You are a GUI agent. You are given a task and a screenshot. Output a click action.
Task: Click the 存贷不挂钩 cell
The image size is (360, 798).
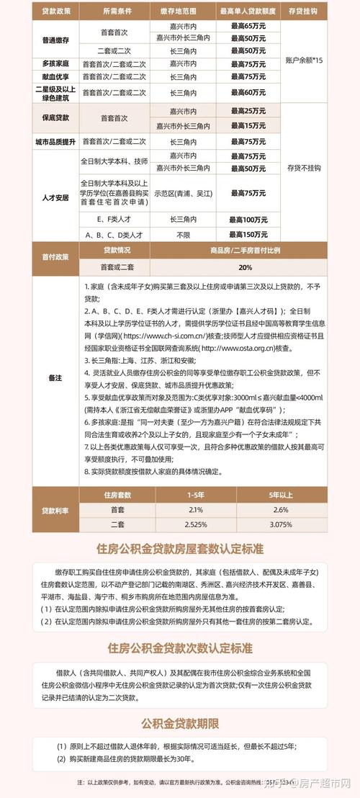304,168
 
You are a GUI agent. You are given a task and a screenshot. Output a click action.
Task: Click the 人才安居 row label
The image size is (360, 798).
55,196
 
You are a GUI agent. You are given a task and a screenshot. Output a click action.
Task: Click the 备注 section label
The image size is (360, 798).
55,377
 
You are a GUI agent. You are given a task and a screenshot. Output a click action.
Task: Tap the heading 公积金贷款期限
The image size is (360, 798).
180,724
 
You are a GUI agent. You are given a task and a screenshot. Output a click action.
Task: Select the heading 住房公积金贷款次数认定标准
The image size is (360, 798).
180,647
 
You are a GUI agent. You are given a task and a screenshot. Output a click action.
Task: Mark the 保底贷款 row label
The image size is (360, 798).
55,117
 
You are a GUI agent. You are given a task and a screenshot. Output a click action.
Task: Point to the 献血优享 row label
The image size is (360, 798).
55,76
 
